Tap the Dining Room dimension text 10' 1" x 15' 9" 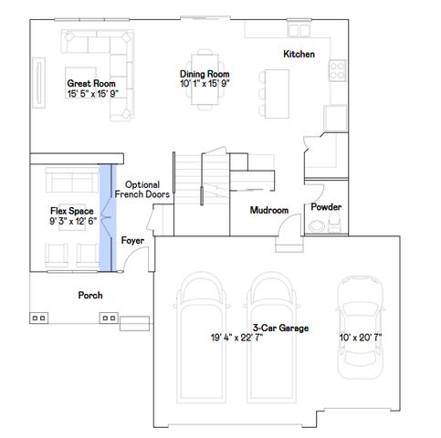click(204, 84)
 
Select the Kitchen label click(299, 55)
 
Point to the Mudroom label click(269, 211)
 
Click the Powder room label click(326, 207)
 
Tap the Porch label click(89, 296)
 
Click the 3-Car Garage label click(280, 328)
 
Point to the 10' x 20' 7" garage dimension click(360, 338)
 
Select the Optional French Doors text click(142, 189)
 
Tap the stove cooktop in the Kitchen click(336, 68)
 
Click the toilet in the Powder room click(317, 228)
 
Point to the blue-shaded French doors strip click(107, 217)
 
